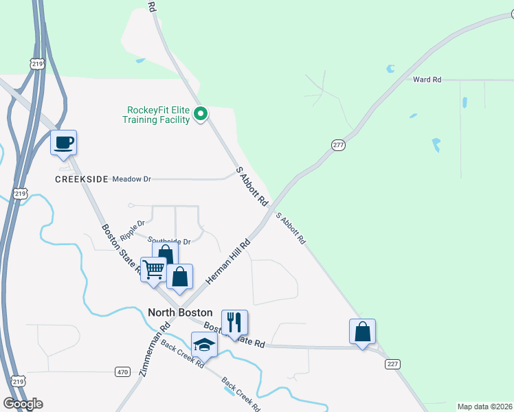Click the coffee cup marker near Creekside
[x=63, y=143]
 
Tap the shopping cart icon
[x=153, y=269]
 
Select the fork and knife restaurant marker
[x=234, y=322]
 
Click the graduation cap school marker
[x=204, y=344]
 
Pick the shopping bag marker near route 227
[x=362, y=332]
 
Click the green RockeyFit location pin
[x=201, y=114]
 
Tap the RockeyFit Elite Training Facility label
[x=156, y=115]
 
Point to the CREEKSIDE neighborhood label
[x=82, y=179]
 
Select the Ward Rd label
[x=427, y=80]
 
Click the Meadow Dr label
[x=131, y=179]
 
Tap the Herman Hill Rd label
[x=228, y=263]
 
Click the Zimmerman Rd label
[x=155, y=350]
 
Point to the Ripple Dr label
[x=133, y=229]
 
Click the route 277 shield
[x=337, y=146]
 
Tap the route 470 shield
[x=122, y=371]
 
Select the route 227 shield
[x=392, y=363]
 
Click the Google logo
[x=23, y=404]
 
